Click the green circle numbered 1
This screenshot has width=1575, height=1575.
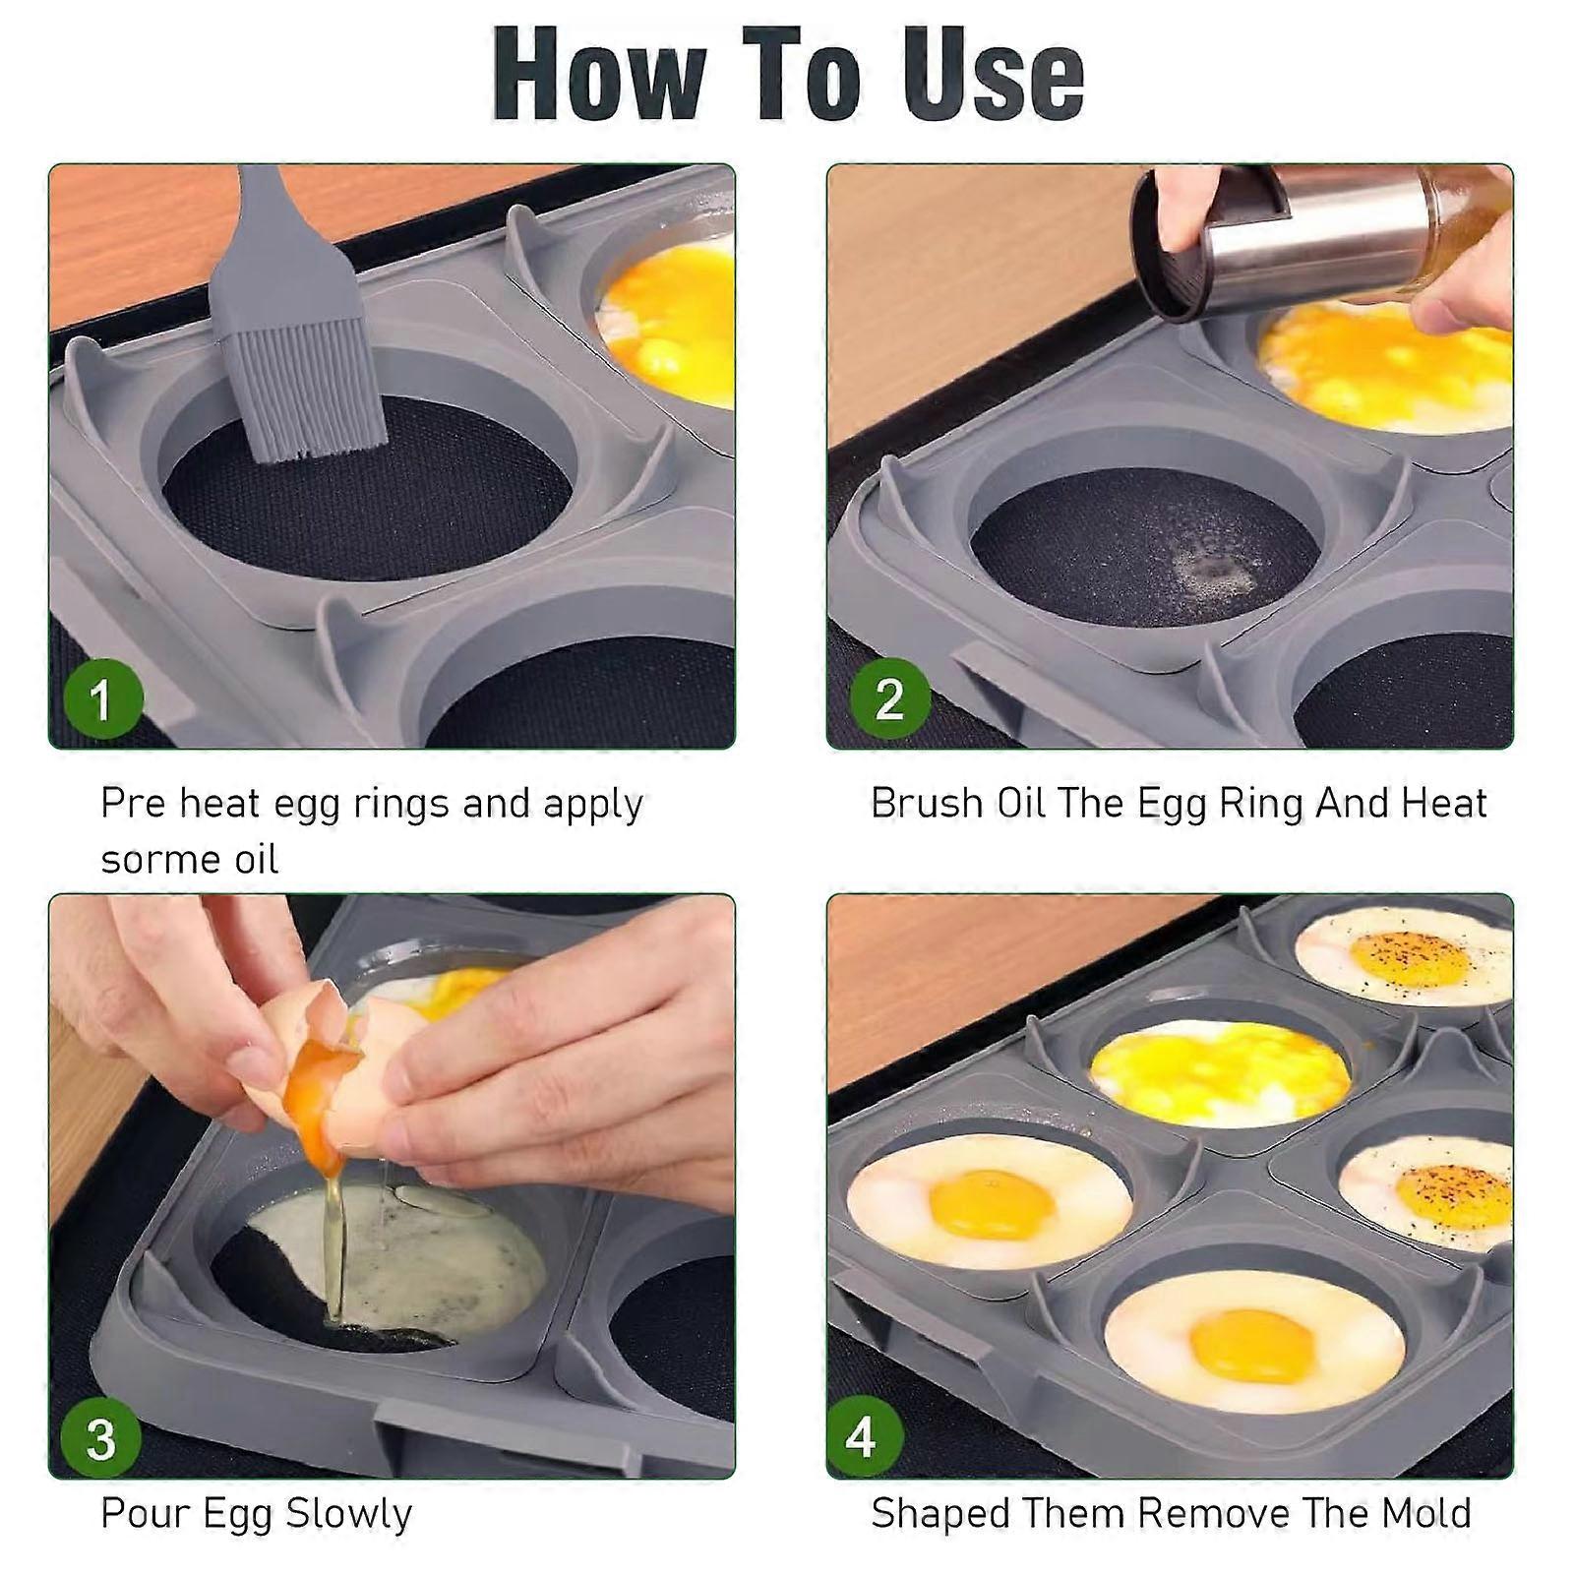click(102, 700)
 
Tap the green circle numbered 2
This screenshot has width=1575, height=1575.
click(889, 699)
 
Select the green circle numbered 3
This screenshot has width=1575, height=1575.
click(102, 1438)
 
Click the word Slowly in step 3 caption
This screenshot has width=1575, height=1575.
click(355, 1514)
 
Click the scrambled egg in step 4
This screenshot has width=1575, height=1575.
click(1220, 1072)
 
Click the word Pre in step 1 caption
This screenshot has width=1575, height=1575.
click(133, 804)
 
